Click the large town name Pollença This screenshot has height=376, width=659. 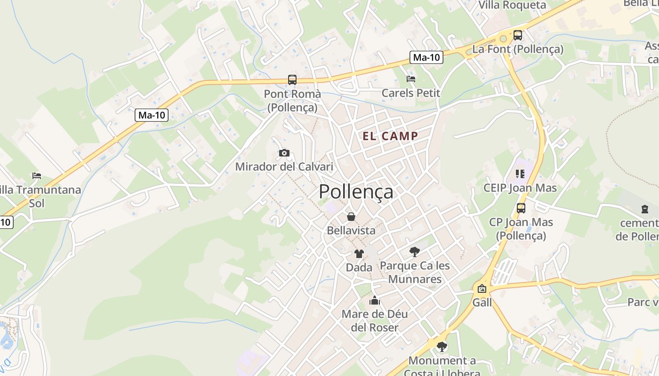click(x=356, y=192)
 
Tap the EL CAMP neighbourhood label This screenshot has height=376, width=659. click(x=390, y=136)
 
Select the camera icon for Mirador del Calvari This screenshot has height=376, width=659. click(x=284, y=153)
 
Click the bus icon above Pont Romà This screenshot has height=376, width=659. click(x=292, y=80)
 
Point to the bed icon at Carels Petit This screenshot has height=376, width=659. click(x=411, y=79)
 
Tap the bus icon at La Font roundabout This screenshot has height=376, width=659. click(x=518, y=35)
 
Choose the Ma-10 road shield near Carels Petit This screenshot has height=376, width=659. click(x=426, y=57)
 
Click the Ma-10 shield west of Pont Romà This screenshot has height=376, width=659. click(x=152, y=115)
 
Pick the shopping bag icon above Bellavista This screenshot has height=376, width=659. click(x=351, y=217)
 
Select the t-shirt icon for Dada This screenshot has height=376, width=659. click(x=359, y=254)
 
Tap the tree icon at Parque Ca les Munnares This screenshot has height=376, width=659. click(x=414, y=252)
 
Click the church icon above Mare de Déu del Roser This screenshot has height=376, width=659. click(x=375, y=300)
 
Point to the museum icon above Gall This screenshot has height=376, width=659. click(x=482, y=289)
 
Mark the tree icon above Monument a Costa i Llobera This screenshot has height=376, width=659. click(x=442, y=347)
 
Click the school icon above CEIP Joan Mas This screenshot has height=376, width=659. click(x=520, y=174)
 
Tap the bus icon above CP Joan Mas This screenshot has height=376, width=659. click(x=521, y=208)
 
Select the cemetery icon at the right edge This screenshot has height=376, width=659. click(x=645, y=209)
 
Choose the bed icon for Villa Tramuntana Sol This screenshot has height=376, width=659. click(x=37, y=176)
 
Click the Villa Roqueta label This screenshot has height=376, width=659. click(x=512, y=5)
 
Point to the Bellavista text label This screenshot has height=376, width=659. click(x=351, y=230)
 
